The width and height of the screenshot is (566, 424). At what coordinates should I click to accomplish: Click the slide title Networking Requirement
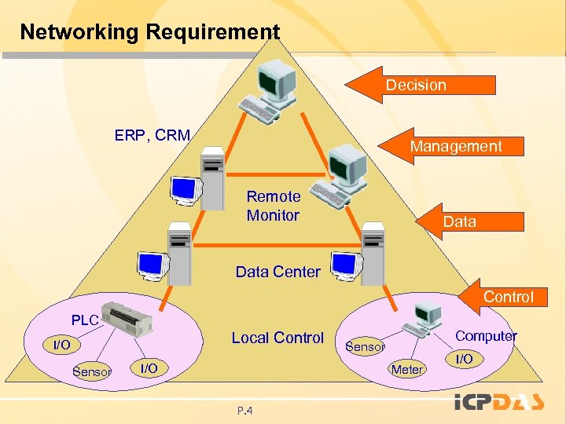click(x=149, y=32)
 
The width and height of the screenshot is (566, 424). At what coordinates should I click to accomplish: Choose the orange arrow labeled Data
click(x=472, y=221)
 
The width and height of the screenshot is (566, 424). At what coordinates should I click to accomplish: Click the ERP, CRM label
click(x=152, y=135)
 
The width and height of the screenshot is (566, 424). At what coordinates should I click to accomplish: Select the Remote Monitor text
click(x=273, y=206)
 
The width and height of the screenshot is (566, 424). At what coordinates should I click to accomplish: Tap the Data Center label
click(x=277, y=272)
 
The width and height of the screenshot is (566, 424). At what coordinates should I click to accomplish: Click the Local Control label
click(x=277, y=338)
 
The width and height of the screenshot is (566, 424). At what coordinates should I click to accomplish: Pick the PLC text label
click(x=85, y=320)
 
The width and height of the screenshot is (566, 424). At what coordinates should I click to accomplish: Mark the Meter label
click(x=407, y=369)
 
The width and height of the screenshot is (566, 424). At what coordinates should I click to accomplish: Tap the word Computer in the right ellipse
click(x=486, y=336)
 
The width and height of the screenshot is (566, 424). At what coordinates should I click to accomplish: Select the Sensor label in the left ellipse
click(x=91, y=371)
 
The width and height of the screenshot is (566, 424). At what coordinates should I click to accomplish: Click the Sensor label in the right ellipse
click(x=365, y=346)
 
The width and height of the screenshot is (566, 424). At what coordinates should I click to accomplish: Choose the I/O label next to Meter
click(x=465, y=359)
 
